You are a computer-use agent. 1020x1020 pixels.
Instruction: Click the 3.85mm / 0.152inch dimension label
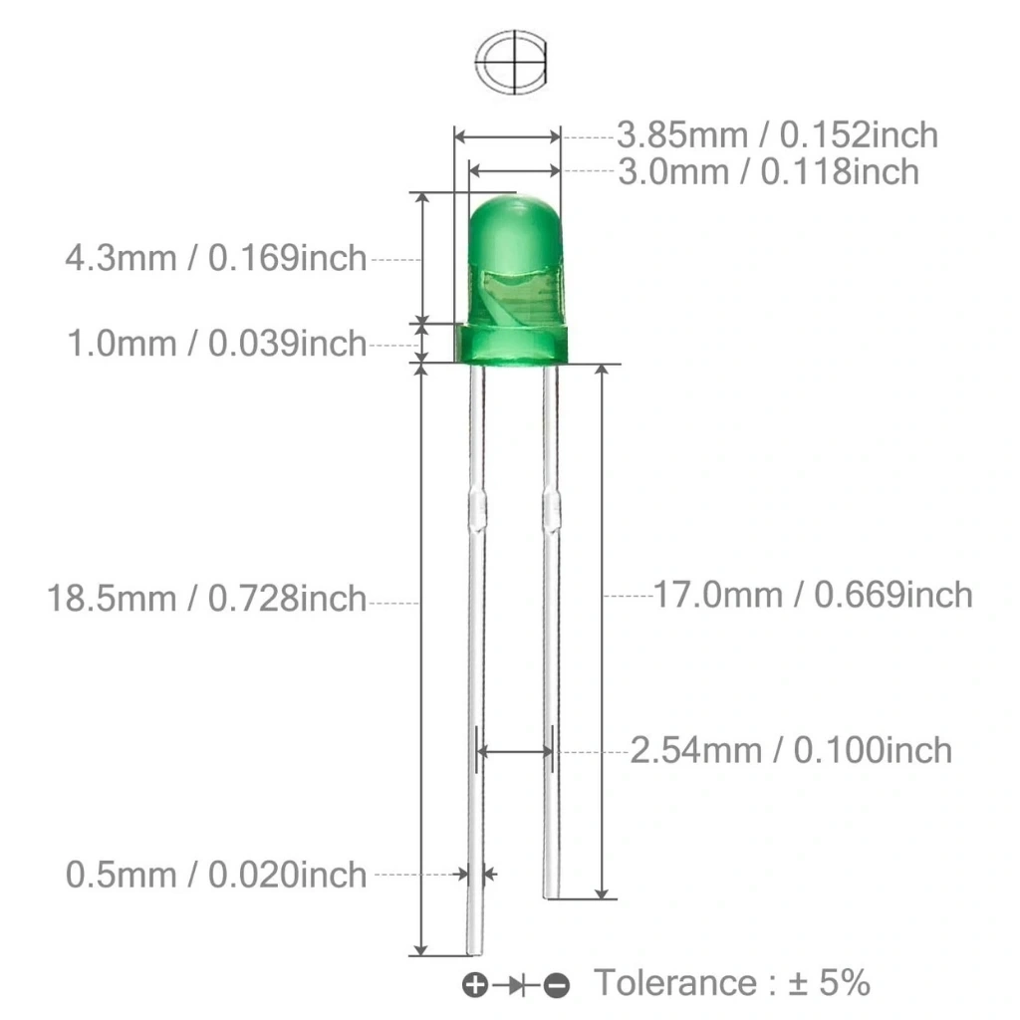[x=777, y=135]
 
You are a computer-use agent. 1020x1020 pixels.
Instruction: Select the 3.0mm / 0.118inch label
[x=768, y=172]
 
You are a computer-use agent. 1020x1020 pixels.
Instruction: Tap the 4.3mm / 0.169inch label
[x=216, y=258]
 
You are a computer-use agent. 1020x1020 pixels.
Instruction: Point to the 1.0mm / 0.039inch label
[x=217, y=344]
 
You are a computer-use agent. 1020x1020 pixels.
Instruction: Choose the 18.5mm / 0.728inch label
[x=207, y=599]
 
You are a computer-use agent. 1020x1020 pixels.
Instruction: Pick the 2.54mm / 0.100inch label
[x=792, y=751]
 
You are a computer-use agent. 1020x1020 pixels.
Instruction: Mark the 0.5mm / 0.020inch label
[x=216, y=875]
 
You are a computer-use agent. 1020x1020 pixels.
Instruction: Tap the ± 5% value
[x=829, y=982]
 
